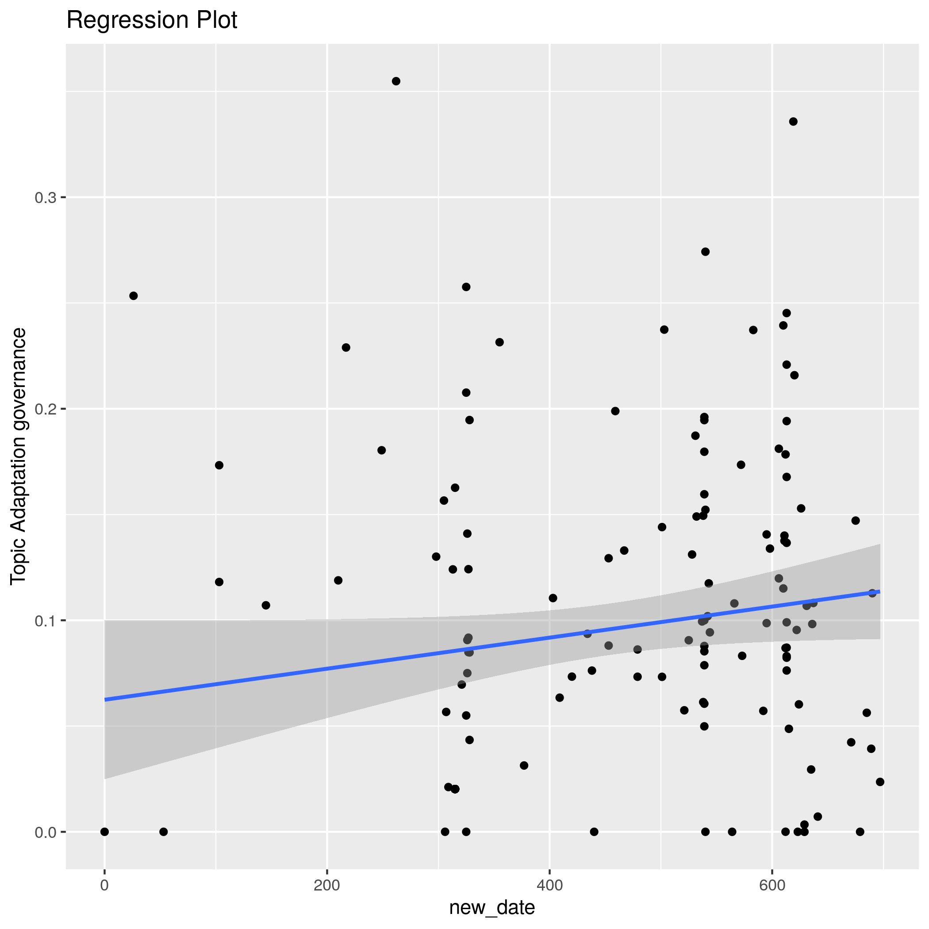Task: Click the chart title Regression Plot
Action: pyautogui.click(x=151, y=20)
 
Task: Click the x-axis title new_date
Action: pyautogui.click(x=492, y=908)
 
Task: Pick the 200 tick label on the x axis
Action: pyautogui.click(x=327, y=886)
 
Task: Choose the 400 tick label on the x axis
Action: pyautogui.click(x=549, y=886)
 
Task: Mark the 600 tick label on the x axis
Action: pyautogui.click(x=772, y=886)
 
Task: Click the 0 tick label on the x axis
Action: pyautogui.click(x=104, y=886)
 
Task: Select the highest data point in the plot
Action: pyautogui.click(x=396, y=81)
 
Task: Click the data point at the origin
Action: pyautogui.click(x=104, y=832)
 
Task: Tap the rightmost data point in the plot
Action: pyautogui.click(x=880, y=782)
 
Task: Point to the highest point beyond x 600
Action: pyautogui.click(x=793, y=122)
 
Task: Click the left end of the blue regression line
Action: pyautogui.click(x=105, y=700)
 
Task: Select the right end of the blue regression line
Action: pyautogui.click(x=879, y=591)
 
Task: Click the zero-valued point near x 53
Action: pyautogui.click(x=164, y=832)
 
